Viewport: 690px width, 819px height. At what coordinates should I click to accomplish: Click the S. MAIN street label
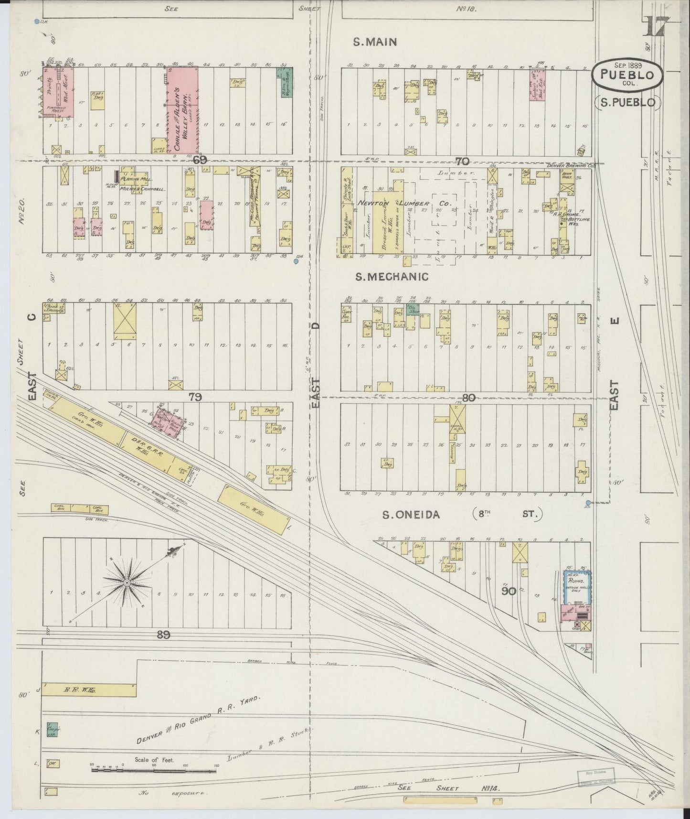[x=375, y=42]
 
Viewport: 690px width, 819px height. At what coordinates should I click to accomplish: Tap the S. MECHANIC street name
[x=392, y=277]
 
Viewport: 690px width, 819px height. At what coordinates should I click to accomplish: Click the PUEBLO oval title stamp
[x=627, y=75]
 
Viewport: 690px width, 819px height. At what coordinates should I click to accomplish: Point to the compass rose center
[x=127, y=583]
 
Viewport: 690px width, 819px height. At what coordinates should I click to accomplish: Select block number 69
[x=200, y=160]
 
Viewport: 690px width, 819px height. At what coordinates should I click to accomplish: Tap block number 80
[x=469, y=397]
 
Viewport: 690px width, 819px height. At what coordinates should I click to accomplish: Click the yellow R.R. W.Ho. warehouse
[x=89, y=690]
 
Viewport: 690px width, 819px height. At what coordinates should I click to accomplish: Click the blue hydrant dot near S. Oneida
[x=588, y=502]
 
